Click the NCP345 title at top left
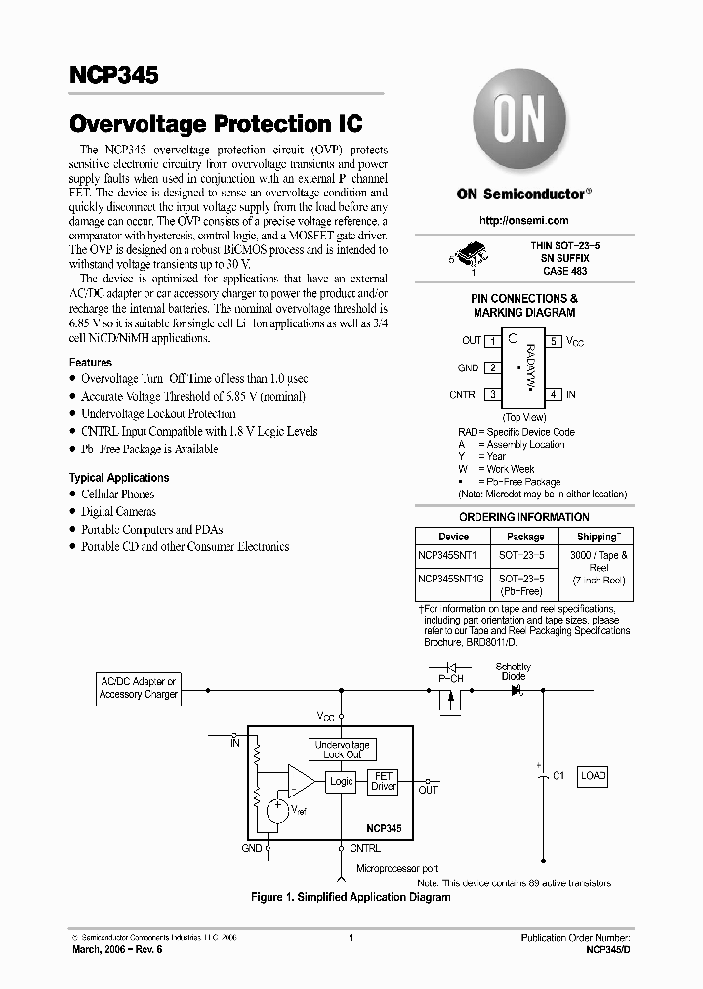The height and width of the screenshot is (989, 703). [113, 77]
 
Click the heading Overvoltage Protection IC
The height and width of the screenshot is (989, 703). [216, 124]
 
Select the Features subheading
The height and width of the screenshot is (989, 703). [90, 362]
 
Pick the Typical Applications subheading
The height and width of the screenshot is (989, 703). [118, 478]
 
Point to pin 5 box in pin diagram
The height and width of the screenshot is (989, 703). [553, 341]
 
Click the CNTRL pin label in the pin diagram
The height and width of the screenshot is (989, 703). [463, 395]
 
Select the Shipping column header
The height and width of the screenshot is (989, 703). [597, 537]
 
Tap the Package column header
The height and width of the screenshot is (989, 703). [525, 537]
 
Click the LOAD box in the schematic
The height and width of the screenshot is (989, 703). [593, 776]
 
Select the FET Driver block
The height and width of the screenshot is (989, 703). [383, 781]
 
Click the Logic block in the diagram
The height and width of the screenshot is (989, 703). [341, 781]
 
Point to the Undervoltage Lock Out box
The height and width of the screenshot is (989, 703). [342, 750]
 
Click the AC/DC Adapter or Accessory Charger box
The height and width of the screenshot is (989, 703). [139, 687]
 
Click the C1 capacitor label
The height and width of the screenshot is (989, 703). [558, 776]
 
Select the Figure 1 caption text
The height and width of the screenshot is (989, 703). [351, 897]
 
